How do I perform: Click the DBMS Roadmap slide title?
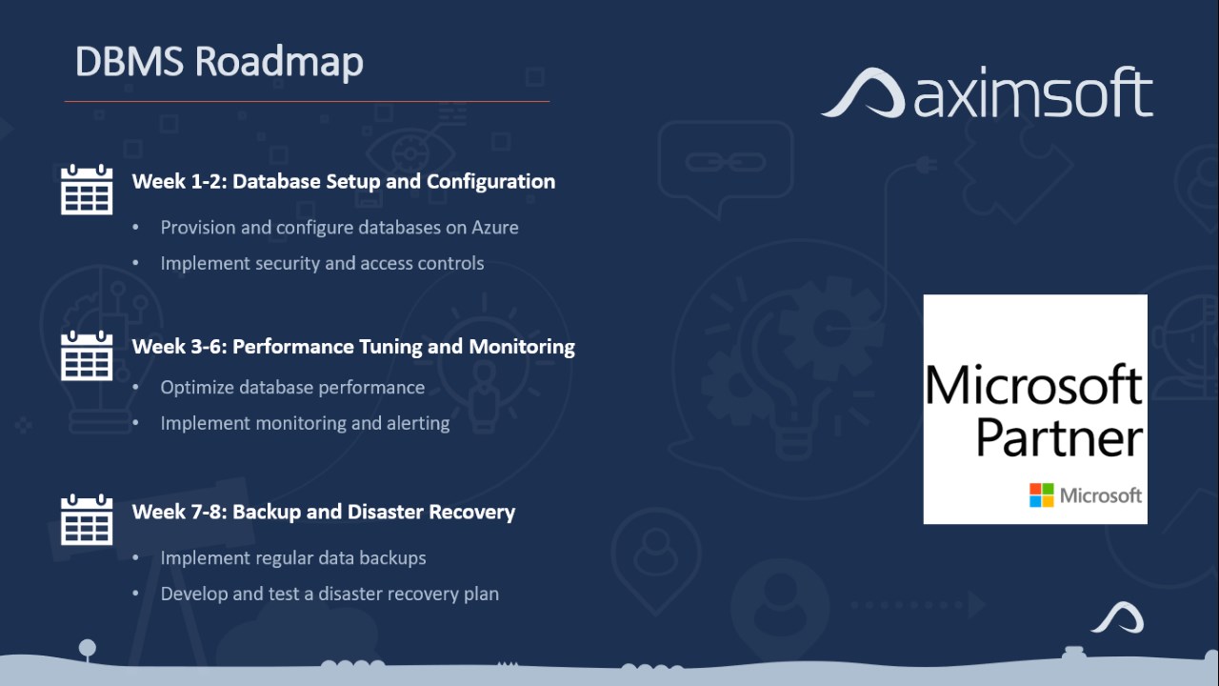219,62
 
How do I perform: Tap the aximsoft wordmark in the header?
1033,92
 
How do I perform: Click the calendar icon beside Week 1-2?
87,190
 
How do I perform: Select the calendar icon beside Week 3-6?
87,355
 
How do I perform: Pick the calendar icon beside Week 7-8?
87,520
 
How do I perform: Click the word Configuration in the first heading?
490,182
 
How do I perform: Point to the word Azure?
494,228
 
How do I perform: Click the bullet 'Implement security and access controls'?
322,264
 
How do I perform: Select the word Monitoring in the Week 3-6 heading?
522,347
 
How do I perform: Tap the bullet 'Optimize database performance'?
292,388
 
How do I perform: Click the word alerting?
418,424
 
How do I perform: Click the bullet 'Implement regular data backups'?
293,558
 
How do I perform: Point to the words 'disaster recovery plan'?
409,594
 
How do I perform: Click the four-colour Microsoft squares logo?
1042,494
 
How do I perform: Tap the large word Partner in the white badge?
1059,438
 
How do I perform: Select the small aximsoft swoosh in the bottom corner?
1117,618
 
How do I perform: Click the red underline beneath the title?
307,101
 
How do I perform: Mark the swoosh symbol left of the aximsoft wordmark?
863,92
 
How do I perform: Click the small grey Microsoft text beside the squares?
1100,495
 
